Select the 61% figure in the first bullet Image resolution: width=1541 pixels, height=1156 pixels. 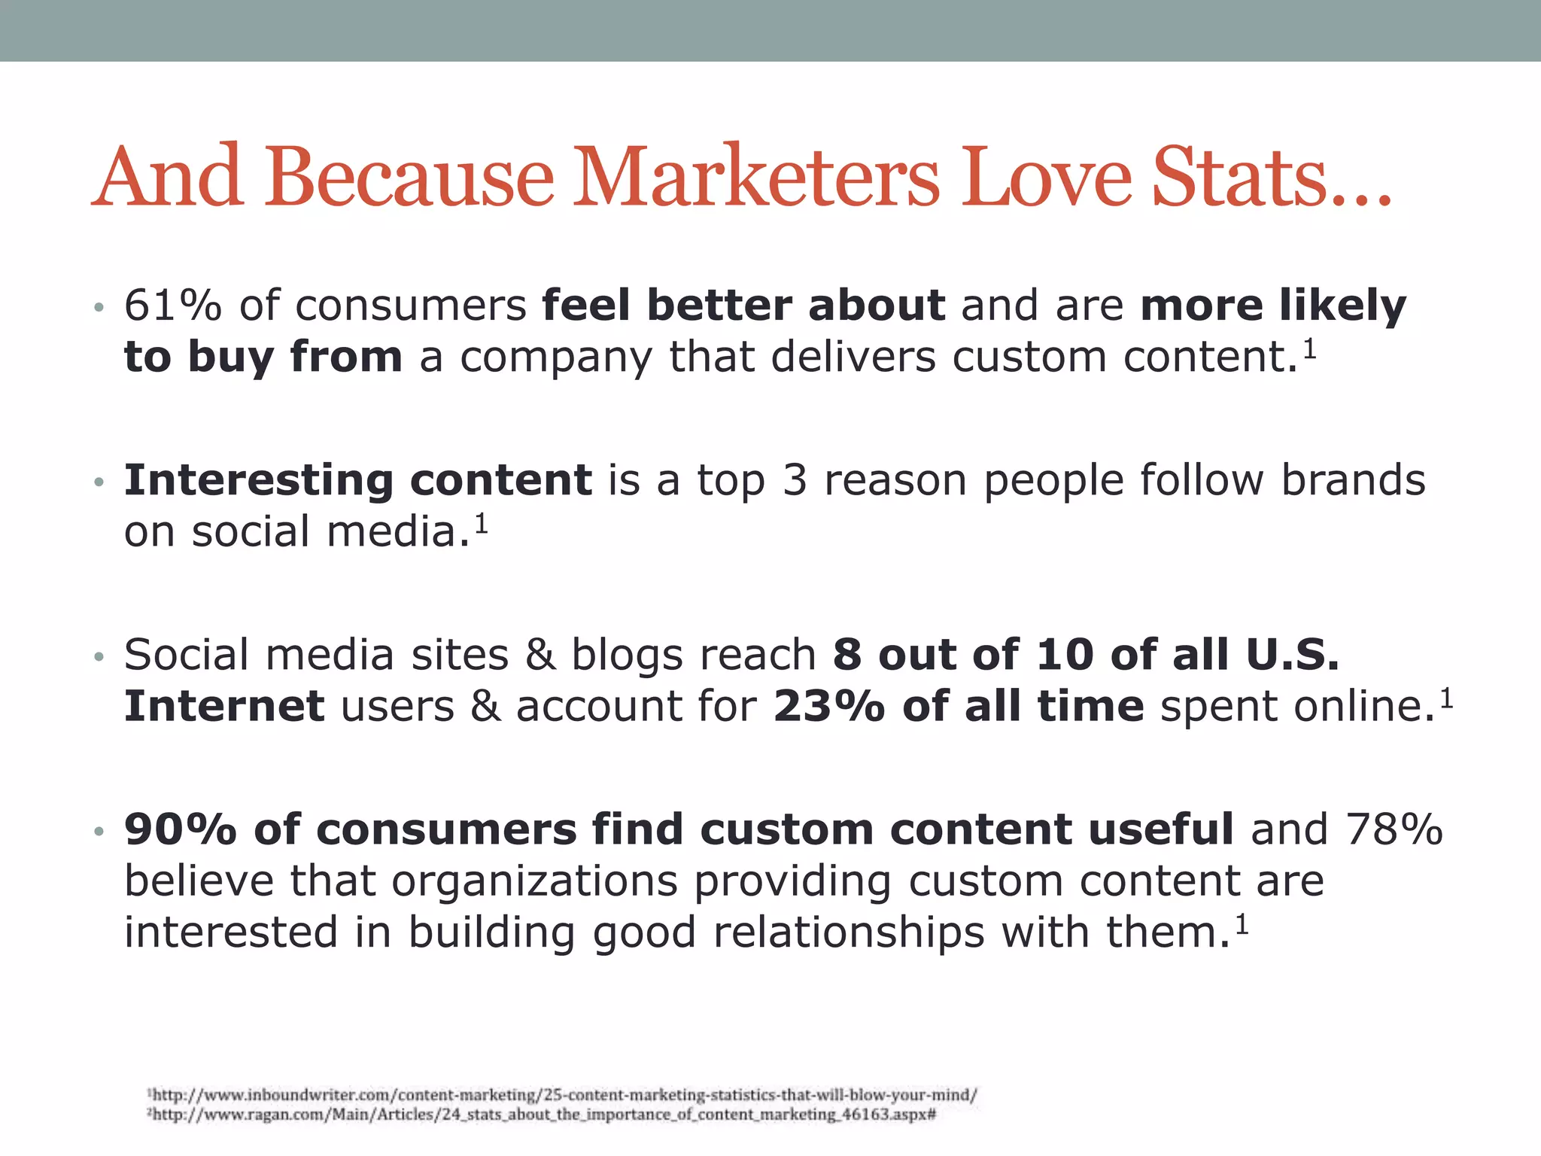tap(173, 306)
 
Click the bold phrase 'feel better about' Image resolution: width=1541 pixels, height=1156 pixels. tap(743, 306)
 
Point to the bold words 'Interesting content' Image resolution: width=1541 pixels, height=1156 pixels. tap(358, 480)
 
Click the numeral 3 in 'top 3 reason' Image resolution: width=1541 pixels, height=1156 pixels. tap(795, 480)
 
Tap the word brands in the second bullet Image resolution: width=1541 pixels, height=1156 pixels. tap(1353, 480)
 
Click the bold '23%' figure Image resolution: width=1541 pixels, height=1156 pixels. tap(829, 706)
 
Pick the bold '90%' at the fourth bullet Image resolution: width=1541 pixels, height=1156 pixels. tap(181, 829)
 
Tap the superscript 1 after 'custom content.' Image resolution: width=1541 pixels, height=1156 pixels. tap(1310, 348)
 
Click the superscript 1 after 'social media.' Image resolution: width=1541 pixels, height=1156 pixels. tap(482, 522)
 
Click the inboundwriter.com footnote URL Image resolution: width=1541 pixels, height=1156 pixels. tap(564, 1095)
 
